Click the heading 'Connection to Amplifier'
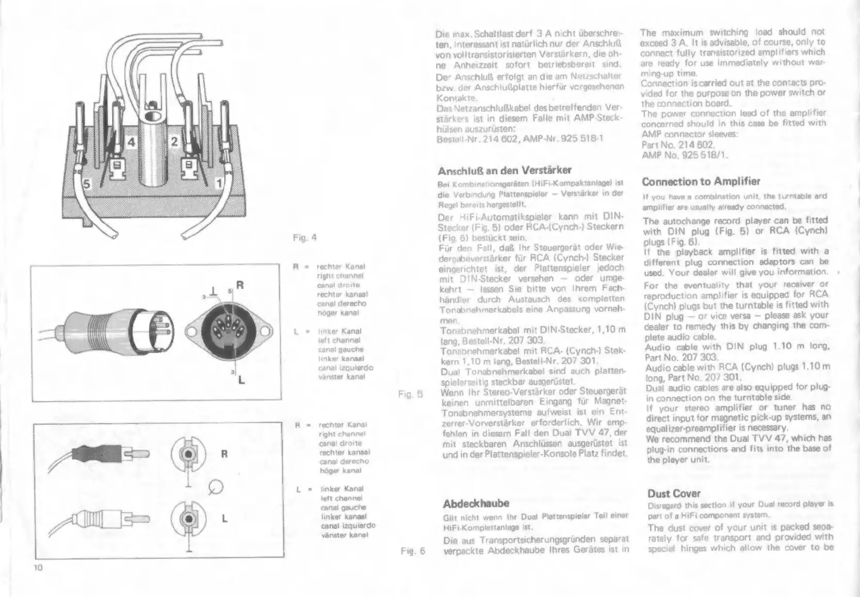click(x=701, y=182)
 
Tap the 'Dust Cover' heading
click(x=674, y=493)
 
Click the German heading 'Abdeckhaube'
click(x=476, y=503)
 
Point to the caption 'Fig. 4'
click(x=304, y=238)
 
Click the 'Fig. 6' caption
click(x=413, y=551)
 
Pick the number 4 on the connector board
click(x=132, y=141)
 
